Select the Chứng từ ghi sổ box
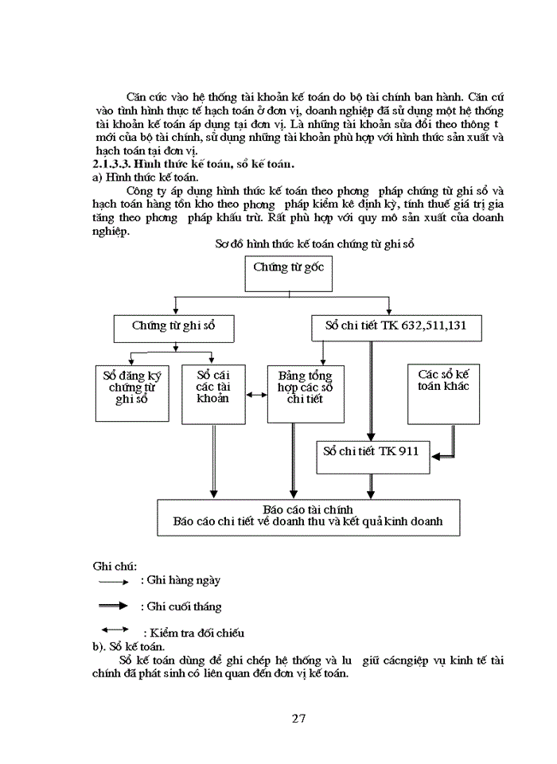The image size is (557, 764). [173, 325]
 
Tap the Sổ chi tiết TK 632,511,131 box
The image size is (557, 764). [395, 325]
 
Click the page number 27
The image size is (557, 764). [298, 719]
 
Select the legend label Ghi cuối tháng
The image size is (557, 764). [179, 606]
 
